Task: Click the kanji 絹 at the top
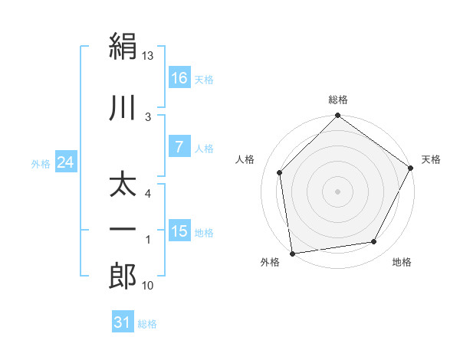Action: [x=123, y=46]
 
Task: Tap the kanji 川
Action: [x=123, y=107]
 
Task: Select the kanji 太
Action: [x=123, y=186]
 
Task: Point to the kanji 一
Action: [x=123, y=229]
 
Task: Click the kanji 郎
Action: [x=123, y=276]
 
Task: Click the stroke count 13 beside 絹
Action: [x=147, y=55]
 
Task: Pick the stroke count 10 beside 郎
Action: [x=147, y=285]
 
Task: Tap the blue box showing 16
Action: [x=180, y=77]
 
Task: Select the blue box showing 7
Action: [x=180, y=146]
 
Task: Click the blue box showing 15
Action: [x=180, y=230]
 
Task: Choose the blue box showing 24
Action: [x=66, y=162]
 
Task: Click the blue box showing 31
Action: [x=123, y=321]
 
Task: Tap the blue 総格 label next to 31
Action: [x=147, y=324]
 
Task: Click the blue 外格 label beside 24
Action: [x=41, y=164]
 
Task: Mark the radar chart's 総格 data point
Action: [x=337, y=115]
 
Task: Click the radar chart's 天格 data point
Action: [x=410, y=168]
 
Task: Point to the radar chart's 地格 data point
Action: [x=374, y=241]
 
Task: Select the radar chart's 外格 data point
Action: [x=293, y=254]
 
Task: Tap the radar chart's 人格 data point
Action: [x=280, y=172]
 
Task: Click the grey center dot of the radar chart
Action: [x=337, y=191]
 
